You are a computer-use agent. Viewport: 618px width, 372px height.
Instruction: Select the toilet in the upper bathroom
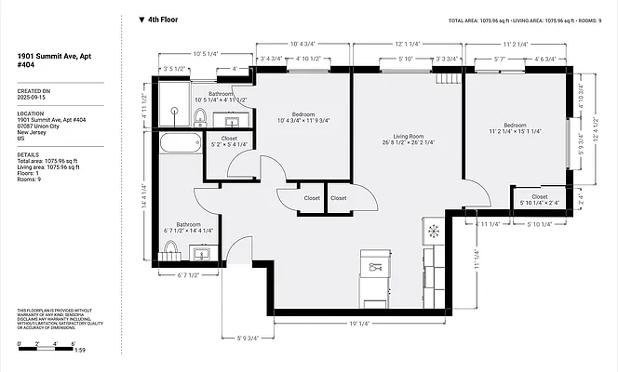(x=200, y=116)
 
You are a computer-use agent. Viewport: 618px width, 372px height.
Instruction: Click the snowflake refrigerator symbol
(x=433, y=229)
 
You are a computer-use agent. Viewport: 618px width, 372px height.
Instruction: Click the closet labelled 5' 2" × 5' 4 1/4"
(x=228, y=141)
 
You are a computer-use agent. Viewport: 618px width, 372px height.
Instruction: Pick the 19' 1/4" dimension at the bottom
(x=358, y=324)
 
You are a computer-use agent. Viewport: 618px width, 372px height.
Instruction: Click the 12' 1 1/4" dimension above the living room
(x=408, y=44)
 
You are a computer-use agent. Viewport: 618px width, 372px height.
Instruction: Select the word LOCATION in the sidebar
(x=31, y=113)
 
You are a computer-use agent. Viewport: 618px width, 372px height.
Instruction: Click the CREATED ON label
(x=33, y=90)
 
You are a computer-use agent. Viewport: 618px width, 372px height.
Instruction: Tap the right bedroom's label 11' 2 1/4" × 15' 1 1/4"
(x=516, y=129)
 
